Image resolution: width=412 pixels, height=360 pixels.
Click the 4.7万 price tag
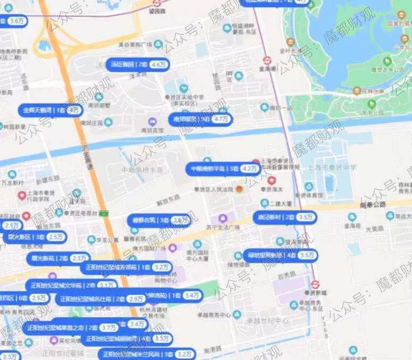(x=220, y=120)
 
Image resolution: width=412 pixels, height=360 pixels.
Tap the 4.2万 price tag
(x=249, y=169)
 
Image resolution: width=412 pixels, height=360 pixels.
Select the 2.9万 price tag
(x=136, y=299)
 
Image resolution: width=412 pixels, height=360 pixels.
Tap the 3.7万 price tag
(x=109, y=328)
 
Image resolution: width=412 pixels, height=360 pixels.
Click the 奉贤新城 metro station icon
(x=315, y=284)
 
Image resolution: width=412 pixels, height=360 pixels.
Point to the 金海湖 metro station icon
(x=266, y=60)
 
